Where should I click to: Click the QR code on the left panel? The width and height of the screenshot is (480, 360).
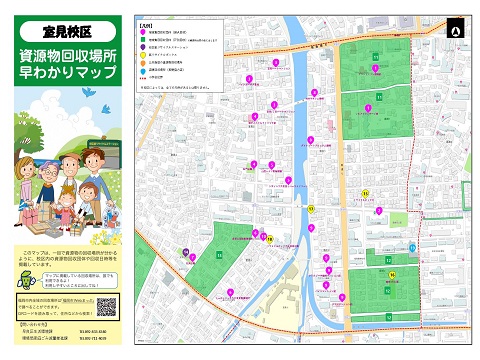(x=102, y=307)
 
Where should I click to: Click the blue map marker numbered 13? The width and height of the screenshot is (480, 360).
(x=413, y=247)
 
